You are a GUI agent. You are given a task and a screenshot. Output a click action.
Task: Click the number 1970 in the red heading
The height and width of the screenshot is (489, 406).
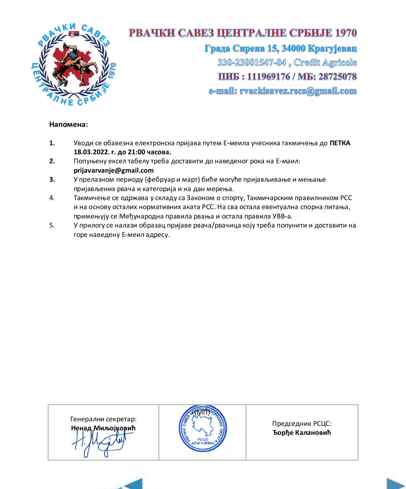point(345,33)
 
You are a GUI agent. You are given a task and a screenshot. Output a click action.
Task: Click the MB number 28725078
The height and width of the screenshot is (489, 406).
point(337,77)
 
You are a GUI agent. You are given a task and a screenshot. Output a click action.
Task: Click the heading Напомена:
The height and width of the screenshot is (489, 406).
point(68,124)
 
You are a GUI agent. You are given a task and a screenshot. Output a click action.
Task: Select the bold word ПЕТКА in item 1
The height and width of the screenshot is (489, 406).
point(340,143)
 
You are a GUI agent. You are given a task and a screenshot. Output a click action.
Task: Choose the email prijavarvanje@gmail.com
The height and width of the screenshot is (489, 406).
point(114,170)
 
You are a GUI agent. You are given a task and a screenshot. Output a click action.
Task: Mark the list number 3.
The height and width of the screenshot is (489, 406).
point(52,180)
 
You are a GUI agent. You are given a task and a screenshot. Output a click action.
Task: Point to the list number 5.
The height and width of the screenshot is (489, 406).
point(52,225)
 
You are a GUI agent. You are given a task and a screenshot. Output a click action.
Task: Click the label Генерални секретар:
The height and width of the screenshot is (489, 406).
point(103,419)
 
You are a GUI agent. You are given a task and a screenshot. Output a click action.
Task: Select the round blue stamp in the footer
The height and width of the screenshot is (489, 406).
point(203,429)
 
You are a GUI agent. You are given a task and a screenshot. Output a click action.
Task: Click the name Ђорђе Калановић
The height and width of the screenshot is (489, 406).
point(302,433)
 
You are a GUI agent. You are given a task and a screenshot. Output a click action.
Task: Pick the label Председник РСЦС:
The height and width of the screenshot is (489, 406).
point(302,424)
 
